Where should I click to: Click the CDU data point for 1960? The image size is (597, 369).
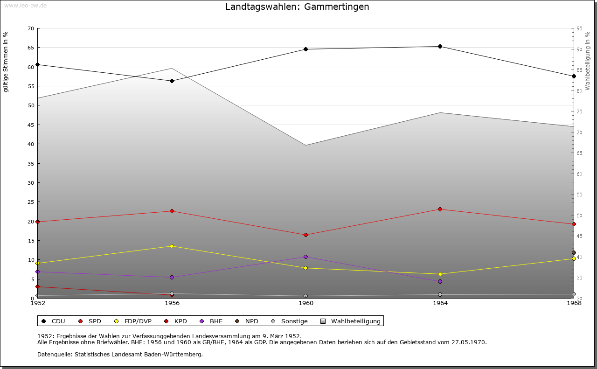[x=306, y=49]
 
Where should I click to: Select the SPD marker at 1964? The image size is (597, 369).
[x=440, y=209]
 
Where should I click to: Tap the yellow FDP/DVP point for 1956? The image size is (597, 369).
[x=172, y=246]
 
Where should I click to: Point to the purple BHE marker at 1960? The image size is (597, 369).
[x=306, y=257]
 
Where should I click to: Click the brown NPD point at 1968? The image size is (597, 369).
[x=574, y=252]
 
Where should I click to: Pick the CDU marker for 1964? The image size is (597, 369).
[x=440, y=46]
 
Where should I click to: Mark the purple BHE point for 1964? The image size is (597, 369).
[x=440, y=281]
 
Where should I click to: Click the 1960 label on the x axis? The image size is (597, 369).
[x=306, y=303]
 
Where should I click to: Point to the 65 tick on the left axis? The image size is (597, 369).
[x=30, y=48]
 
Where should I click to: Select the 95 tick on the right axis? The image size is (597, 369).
[x=579, y=28]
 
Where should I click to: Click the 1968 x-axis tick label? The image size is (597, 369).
[x=574, y=303]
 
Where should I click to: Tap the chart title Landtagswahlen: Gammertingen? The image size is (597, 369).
[x=297, y=7]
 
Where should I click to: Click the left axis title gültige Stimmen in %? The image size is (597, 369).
[x=6, y=62]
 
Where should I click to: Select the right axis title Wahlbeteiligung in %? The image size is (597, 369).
[x=588, y=61]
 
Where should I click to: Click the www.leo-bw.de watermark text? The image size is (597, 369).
[x=25, y=5]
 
